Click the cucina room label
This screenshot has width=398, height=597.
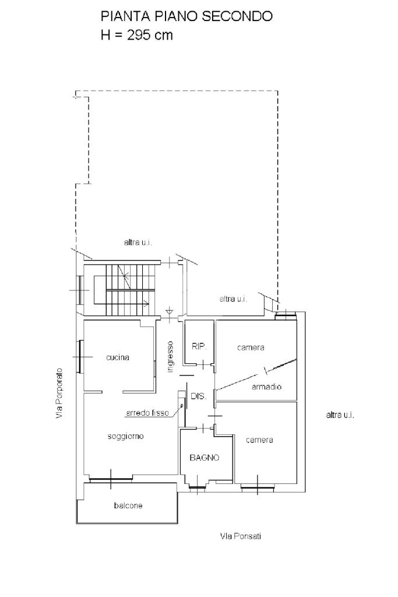(x=118, y=357)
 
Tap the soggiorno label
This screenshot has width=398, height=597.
(x=125, y=436)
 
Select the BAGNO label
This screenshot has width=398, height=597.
(x=205, y=458)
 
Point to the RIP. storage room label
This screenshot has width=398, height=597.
(x=199, y=346)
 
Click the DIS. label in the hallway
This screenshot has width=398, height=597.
(x=198, y=396)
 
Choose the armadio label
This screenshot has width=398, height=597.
(x=267, y=387)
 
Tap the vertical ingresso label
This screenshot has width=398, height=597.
(x=170, y=357)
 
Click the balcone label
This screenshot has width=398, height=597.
(x=128, y=505)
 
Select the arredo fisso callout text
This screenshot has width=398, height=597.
(x=147, y=413)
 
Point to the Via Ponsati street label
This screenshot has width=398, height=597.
(x=241, y=536)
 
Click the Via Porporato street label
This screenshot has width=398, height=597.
(x=59, y=394)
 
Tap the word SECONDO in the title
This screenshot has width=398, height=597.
(x=237, y=16)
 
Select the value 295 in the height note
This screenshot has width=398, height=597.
(x=139, y=35)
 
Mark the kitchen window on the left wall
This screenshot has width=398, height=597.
(x=80, y=357)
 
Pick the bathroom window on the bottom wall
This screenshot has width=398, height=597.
(x=197, y=486)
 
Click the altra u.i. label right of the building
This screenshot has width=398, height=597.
(x=340, y=415)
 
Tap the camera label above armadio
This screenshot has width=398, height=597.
(x=251, y=347)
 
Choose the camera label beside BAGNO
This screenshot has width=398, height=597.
(x=259, y=440)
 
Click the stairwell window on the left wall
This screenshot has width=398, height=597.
(x=79, y=290)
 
